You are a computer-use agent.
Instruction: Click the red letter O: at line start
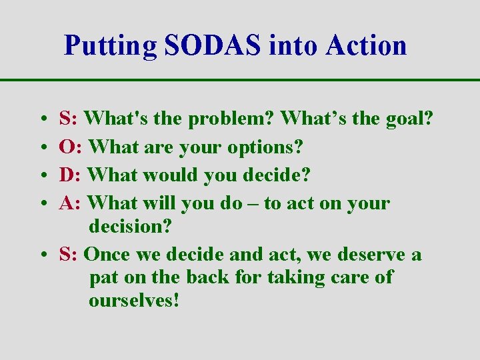pos(71,147)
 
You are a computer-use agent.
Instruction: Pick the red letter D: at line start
pos(71,175)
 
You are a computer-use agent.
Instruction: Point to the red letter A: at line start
pos(71,203)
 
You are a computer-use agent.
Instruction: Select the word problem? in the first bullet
pos(231,120)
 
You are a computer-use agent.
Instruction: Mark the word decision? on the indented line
pos(130,226)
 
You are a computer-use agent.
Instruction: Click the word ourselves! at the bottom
pos(134,301)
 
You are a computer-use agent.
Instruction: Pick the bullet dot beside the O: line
pos(42,147)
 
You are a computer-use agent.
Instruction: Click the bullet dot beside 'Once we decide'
pos(42,255)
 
